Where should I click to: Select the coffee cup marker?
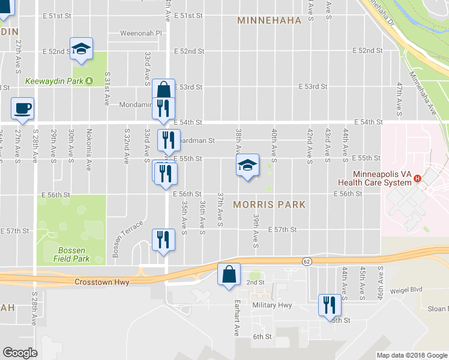(23, 109)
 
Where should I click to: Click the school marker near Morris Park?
(247, 166)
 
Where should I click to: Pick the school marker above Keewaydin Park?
(82, 49)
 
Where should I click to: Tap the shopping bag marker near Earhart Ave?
(229, 275)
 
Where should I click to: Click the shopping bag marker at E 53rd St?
(163, 91)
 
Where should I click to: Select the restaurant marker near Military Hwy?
(330, 304)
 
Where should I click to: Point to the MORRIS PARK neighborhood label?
(269, 205)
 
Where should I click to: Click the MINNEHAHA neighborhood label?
(269, 20)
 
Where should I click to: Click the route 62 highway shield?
(307, 261)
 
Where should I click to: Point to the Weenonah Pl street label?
(141, 34)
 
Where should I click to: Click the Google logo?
(20, 353)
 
